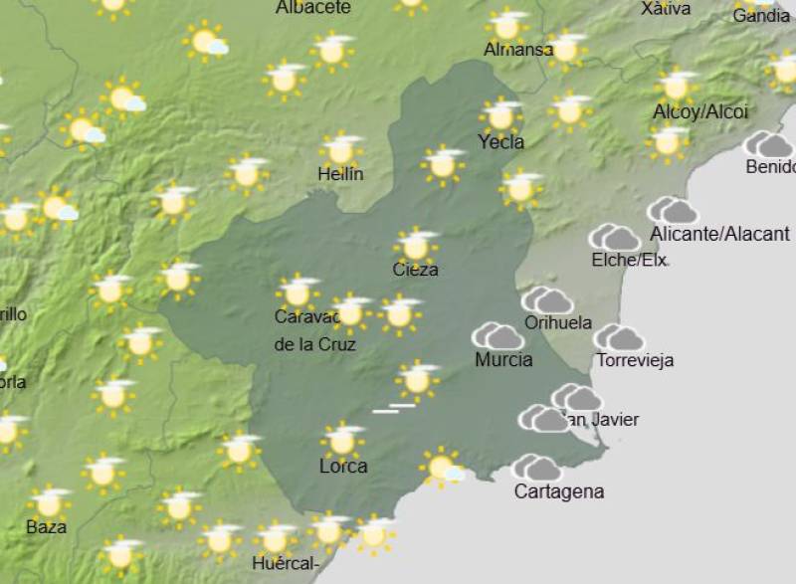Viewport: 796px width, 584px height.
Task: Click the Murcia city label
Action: tap(502, 360)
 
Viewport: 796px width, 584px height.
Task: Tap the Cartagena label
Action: tap(558, 491)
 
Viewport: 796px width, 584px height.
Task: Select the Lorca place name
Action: tap(343, 466)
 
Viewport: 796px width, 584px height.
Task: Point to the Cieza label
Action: tap(415, 270)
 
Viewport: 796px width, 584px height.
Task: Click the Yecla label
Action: tap(500, 142)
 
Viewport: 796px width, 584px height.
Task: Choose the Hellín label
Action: tap(340, 174)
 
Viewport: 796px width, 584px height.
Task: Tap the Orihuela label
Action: tap(557, 323)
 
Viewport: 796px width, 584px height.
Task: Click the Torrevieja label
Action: tap(634, 360)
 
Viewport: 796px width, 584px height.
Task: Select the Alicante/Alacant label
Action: tap(719, 235)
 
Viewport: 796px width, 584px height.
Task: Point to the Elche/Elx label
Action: tap(629, 261)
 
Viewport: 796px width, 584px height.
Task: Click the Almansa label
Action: tap(518, 50)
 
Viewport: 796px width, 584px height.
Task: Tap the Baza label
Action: tap(46, 526)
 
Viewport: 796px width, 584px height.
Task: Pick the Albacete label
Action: tap(312, 8)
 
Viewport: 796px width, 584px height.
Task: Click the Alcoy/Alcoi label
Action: tap(699, 112)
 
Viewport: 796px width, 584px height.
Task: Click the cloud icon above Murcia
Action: tap(497, 336)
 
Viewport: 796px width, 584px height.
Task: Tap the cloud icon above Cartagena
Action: tap(536, 467)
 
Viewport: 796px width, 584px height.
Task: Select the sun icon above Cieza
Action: tap(416, 245)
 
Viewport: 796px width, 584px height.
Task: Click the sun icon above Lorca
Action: tap(343, 440)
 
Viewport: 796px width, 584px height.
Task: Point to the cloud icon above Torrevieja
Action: tap(618, 338)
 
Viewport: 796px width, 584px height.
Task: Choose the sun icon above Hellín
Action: tap(340, 150)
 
